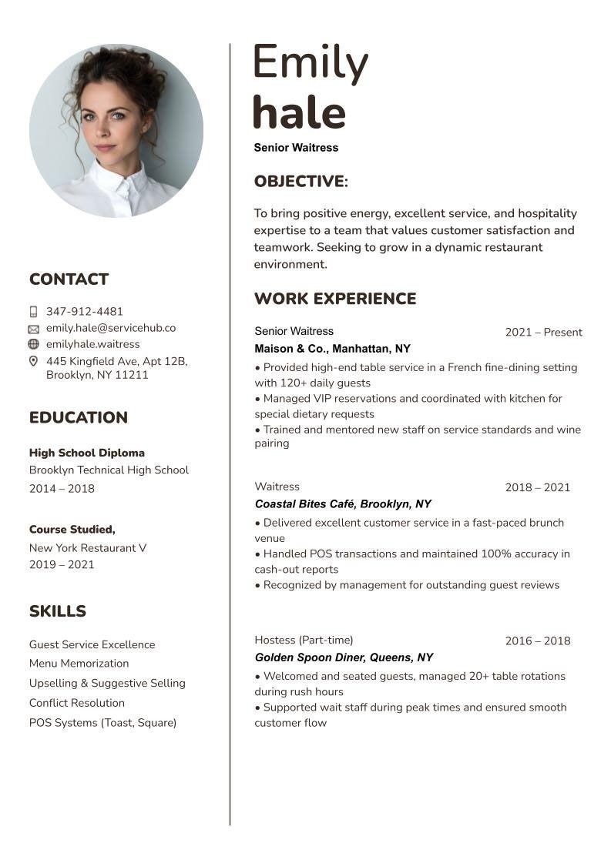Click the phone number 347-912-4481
point(85,312)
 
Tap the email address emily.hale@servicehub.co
point(111,328)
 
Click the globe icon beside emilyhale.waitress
point(33,344)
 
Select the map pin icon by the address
point(33,361)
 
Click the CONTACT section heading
point(69,279)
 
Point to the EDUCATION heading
point(79,418)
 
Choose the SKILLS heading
point(58,611)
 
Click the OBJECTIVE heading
point(300,182)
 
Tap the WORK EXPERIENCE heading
point(335,299)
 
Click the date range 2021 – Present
point(543,333)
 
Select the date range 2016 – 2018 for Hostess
point(538,641)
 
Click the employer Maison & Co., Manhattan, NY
point(332,349)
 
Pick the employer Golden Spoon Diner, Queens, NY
point(344,657)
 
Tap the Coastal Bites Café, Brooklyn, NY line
point(343,504)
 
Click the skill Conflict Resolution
point(77,703)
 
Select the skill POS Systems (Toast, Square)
point(102,723)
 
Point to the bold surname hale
point(299,112)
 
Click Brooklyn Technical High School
point(109,470)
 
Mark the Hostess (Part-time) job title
point(304,641)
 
